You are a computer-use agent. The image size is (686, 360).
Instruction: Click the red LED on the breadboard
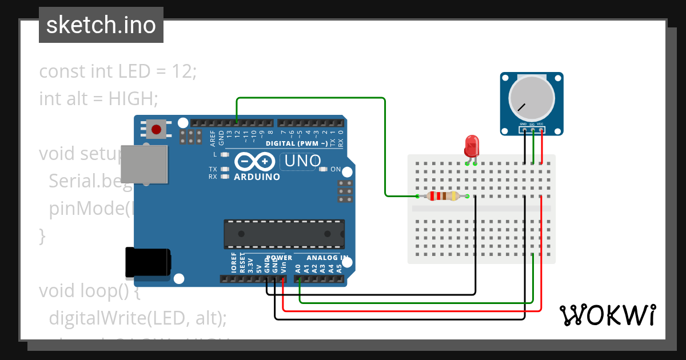[472, 146]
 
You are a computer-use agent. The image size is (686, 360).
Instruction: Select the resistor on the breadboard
[443, 196]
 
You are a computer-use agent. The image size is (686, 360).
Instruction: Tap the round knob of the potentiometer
[532, 98]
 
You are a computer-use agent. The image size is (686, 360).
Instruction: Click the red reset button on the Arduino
[156, 129]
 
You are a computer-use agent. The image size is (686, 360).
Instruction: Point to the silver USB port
[146, 165]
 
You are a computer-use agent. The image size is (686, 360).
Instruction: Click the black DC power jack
[147, 263]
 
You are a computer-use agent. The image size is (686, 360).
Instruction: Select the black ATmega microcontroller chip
[284, 234]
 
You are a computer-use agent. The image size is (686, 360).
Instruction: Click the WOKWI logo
[608, 315]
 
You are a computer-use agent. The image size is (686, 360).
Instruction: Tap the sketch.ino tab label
[101, 25]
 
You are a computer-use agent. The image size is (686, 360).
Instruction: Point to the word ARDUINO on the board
[257, 177]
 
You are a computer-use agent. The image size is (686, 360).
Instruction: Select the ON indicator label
[336, 169]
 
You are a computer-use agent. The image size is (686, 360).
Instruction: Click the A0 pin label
[298, 267]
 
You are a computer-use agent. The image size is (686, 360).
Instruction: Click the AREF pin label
[213, 138]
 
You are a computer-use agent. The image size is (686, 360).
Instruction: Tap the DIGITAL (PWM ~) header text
[297, 143]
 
